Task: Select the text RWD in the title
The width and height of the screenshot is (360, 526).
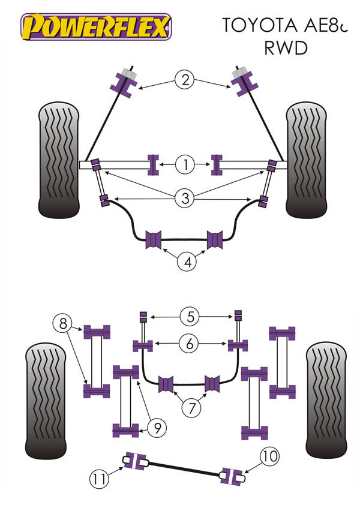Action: coord(284,47)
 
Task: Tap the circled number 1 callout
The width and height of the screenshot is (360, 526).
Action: coord(185,164)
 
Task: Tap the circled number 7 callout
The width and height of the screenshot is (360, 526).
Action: coord(191,409)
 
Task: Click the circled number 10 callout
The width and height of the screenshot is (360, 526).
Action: coord(269,457)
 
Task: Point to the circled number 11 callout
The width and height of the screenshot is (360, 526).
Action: coord(98,479)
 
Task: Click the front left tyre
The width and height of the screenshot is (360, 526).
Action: coord(59,160)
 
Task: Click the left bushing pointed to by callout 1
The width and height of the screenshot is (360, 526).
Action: coord(153,164)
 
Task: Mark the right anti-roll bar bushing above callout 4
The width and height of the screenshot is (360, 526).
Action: coord(218,239)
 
